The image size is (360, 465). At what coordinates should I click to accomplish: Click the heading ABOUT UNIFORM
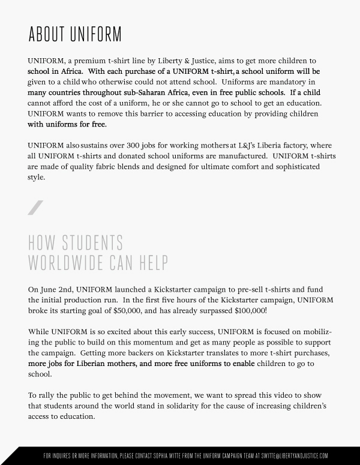tap(74, 34)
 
